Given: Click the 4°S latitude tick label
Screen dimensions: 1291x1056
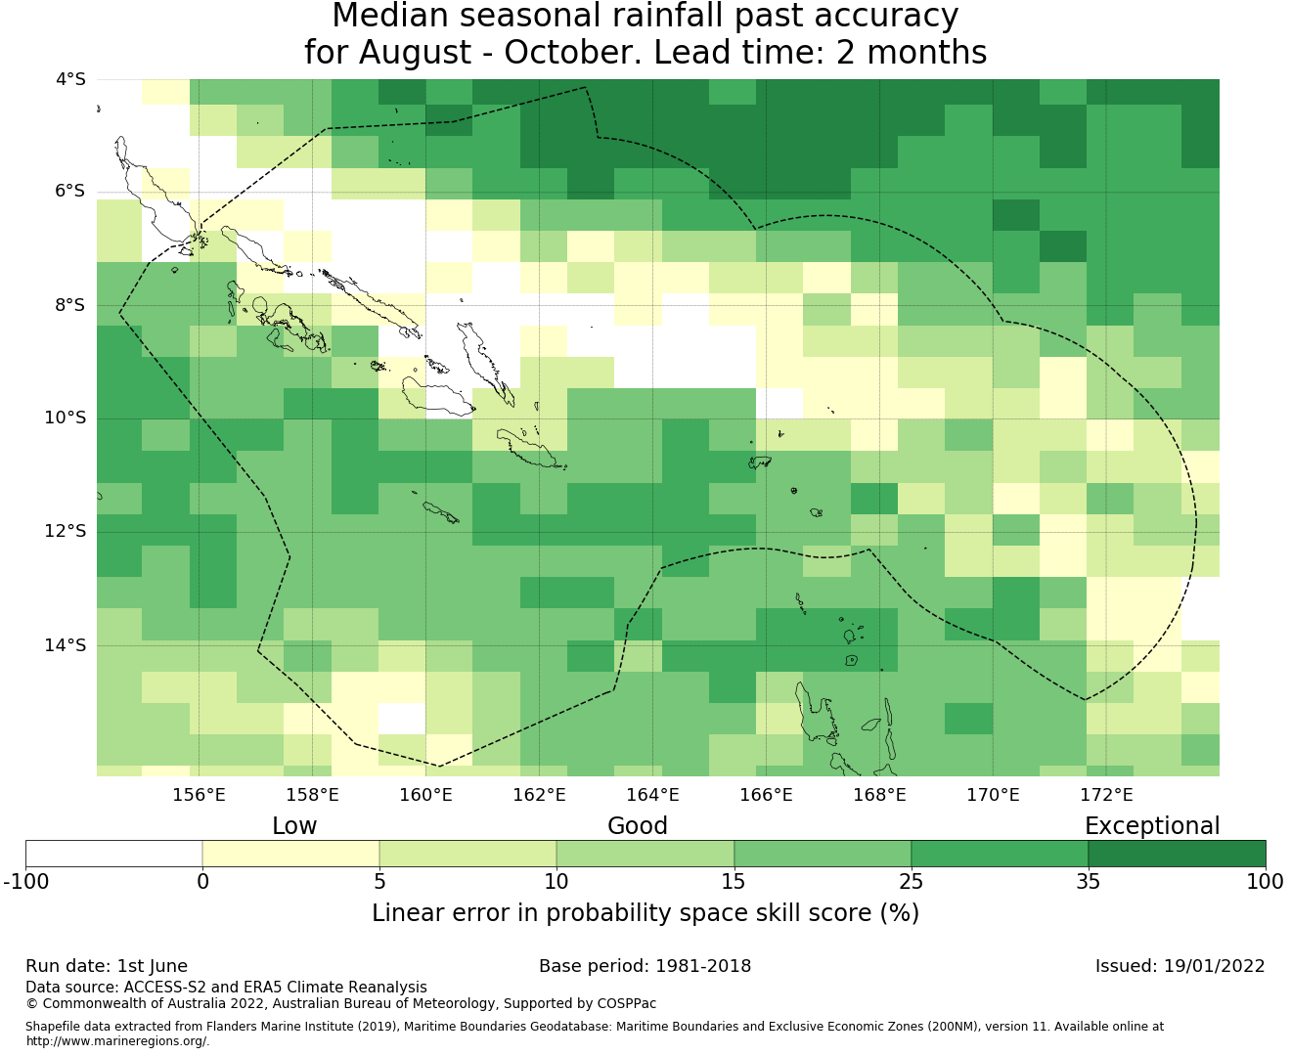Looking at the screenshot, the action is (71, 79).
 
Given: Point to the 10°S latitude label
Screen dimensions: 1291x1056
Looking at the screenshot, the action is (66, 418).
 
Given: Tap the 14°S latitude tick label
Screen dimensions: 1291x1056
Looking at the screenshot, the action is (66, 645).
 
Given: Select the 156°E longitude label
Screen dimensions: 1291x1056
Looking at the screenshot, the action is (199, 795).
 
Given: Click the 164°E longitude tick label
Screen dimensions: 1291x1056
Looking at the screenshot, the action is (652, 795).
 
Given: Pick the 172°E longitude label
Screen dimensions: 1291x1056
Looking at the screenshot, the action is (1106, 795).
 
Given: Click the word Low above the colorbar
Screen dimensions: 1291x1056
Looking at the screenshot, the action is (294, 826).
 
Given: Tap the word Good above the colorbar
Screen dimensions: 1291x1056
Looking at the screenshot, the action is (638, 826).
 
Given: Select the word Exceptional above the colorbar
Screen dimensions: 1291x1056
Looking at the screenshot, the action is (1152, 827).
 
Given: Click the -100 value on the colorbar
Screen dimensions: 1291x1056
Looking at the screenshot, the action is (25, 882).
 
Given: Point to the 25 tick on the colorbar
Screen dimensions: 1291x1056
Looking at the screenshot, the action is (911, 882).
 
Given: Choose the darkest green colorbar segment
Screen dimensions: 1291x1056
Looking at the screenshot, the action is (1177, 854).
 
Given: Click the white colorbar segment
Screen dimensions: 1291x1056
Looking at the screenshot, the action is (113, 854).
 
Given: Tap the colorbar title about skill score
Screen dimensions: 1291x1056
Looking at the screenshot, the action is (645, 913).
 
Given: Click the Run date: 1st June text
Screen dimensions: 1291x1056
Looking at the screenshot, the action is (107, 966).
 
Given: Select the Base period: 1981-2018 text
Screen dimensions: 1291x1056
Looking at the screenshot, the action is (645, 966).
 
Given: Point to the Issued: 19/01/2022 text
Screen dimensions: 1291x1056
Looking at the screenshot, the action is (1180, 966).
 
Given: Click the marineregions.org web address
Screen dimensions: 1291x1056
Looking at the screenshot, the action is (117, 1041).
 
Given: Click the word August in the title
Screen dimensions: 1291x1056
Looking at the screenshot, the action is (415, 52).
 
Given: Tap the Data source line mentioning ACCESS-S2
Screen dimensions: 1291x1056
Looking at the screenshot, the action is (227, 988).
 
